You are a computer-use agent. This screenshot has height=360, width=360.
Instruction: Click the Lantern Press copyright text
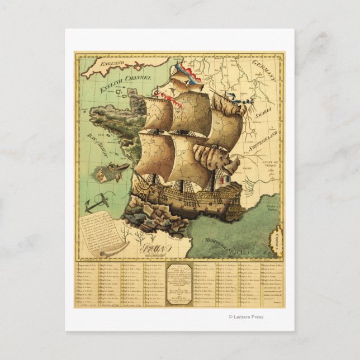pyautogui.click(x=246, y=317)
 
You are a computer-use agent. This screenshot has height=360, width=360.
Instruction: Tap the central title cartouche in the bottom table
pyautogui.click(x=180, y=283)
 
